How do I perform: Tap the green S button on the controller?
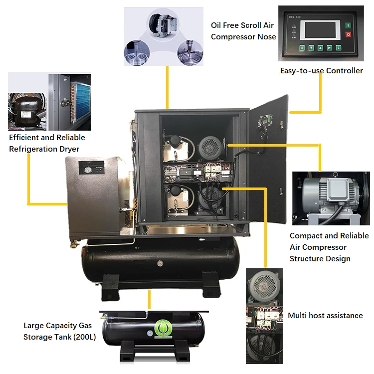[x=302, y=48]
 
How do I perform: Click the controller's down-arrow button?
[x=311, y=48]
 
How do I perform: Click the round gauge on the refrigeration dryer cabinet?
[x=88, y=170]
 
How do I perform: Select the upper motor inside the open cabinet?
[x=210, y=147]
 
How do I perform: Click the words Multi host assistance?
[x=325, y=315]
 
